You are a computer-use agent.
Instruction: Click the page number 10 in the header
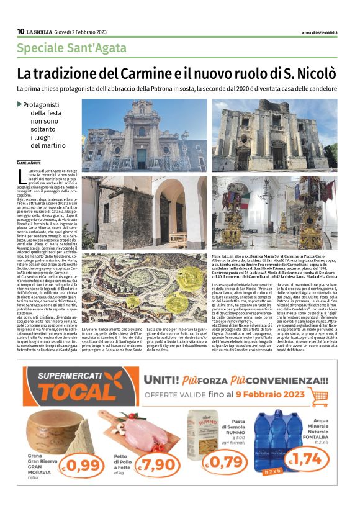[20, 32]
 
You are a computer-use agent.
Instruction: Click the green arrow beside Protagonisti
[19, 104]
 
